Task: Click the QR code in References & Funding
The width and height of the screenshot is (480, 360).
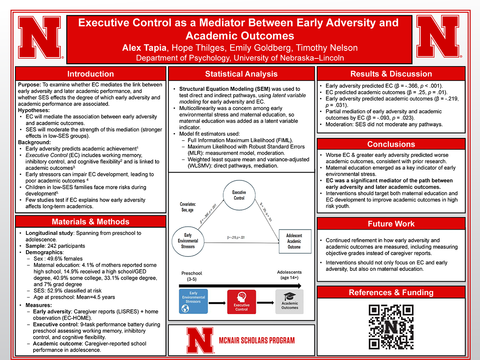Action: pyautogui.click(x=391, y=327)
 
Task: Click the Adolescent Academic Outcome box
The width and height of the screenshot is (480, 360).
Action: pyautogui.click(x=294, y=241)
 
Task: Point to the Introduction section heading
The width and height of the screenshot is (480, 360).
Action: pyautogui.click(x=90, y=74)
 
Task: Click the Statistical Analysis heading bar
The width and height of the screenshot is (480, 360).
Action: pyautogui.click(x=241, y=74)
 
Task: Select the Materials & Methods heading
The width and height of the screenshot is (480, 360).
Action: pyautogui.click(x=90, y=222)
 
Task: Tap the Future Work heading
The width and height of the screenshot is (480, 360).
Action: pyautogui.click(x=391, y=224)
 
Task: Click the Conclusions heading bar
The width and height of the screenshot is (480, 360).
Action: pyautogui.click(x=391, y=144)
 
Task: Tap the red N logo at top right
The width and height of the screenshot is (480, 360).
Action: pyautogui.click(x=438, y=38)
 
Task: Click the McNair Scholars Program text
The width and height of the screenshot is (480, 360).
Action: pyautogui.click(x=257, y=340)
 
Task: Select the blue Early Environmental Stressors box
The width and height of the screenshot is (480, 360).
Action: pyautogui.click(x=193, y=301)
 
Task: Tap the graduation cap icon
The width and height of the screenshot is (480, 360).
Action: pyautogui.click(x=290, y=296)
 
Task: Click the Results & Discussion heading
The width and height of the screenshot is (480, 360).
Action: pyautogui.click(x=391, y=74)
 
